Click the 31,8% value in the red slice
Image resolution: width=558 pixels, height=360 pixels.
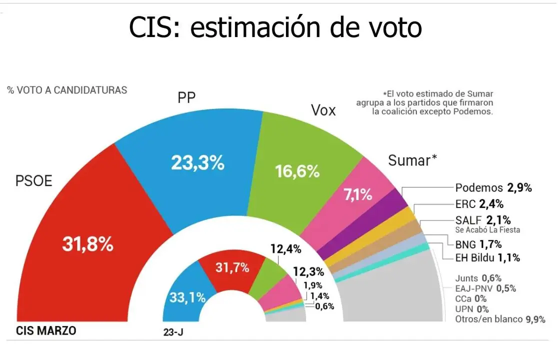[87, 243]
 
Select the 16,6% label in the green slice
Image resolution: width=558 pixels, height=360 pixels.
[297, 171]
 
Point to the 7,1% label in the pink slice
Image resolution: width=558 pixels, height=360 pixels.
[358, 194]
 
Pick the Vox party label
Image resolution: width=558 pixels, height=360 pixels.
[323, 110]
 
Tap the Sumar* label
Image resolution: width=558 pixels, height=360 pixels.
[412, 160]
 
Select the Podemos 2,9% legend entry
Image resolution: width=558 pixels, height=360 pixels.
[493, 188]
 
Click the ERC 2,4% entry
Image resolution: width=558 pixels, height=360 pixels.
[479, 204]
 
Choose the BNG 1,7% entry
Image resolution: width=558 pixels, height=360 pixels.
[478, 244]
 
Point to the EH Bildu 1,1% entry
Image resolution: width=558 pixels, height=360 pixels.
[487, 258]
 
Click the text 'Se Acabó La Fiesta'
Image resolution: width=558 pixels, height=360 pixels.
[487, 230]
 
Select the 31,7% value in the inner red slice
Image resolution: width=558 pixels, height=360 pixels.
[232, 267]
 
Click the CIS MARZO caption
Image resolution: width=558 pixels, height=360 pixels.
[46, 331]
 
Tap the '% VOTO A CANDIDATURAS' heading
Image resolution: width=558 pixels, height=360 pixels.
[67, 90]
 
